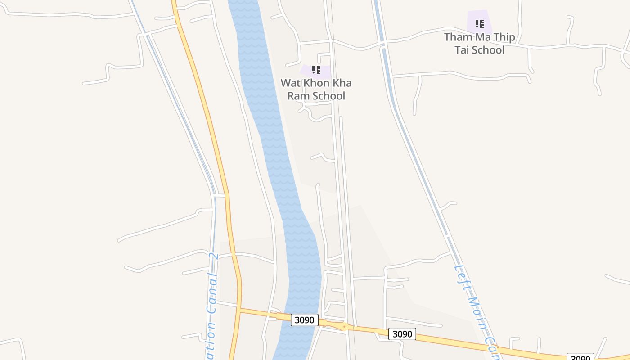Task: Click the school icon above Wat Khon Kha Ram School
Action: pyautogui.click(x=316, y=70)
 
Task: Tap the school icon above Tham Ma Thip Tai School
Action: pyautogui.click(x=480, y=23)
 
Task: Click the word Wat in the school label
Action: pyautogui.click(x=289, y=83)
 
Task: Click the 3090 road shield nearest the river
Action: pyautogui.click(x=305, y=320)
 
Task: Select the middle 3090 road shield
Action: pyautogui.click(x=402, y=334)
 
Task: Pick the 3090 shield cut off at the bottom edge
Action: pyautogui.click(x=580, y=357)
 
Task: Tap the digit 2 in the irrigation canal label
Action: pyautogui.click(x=215, y=256)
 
